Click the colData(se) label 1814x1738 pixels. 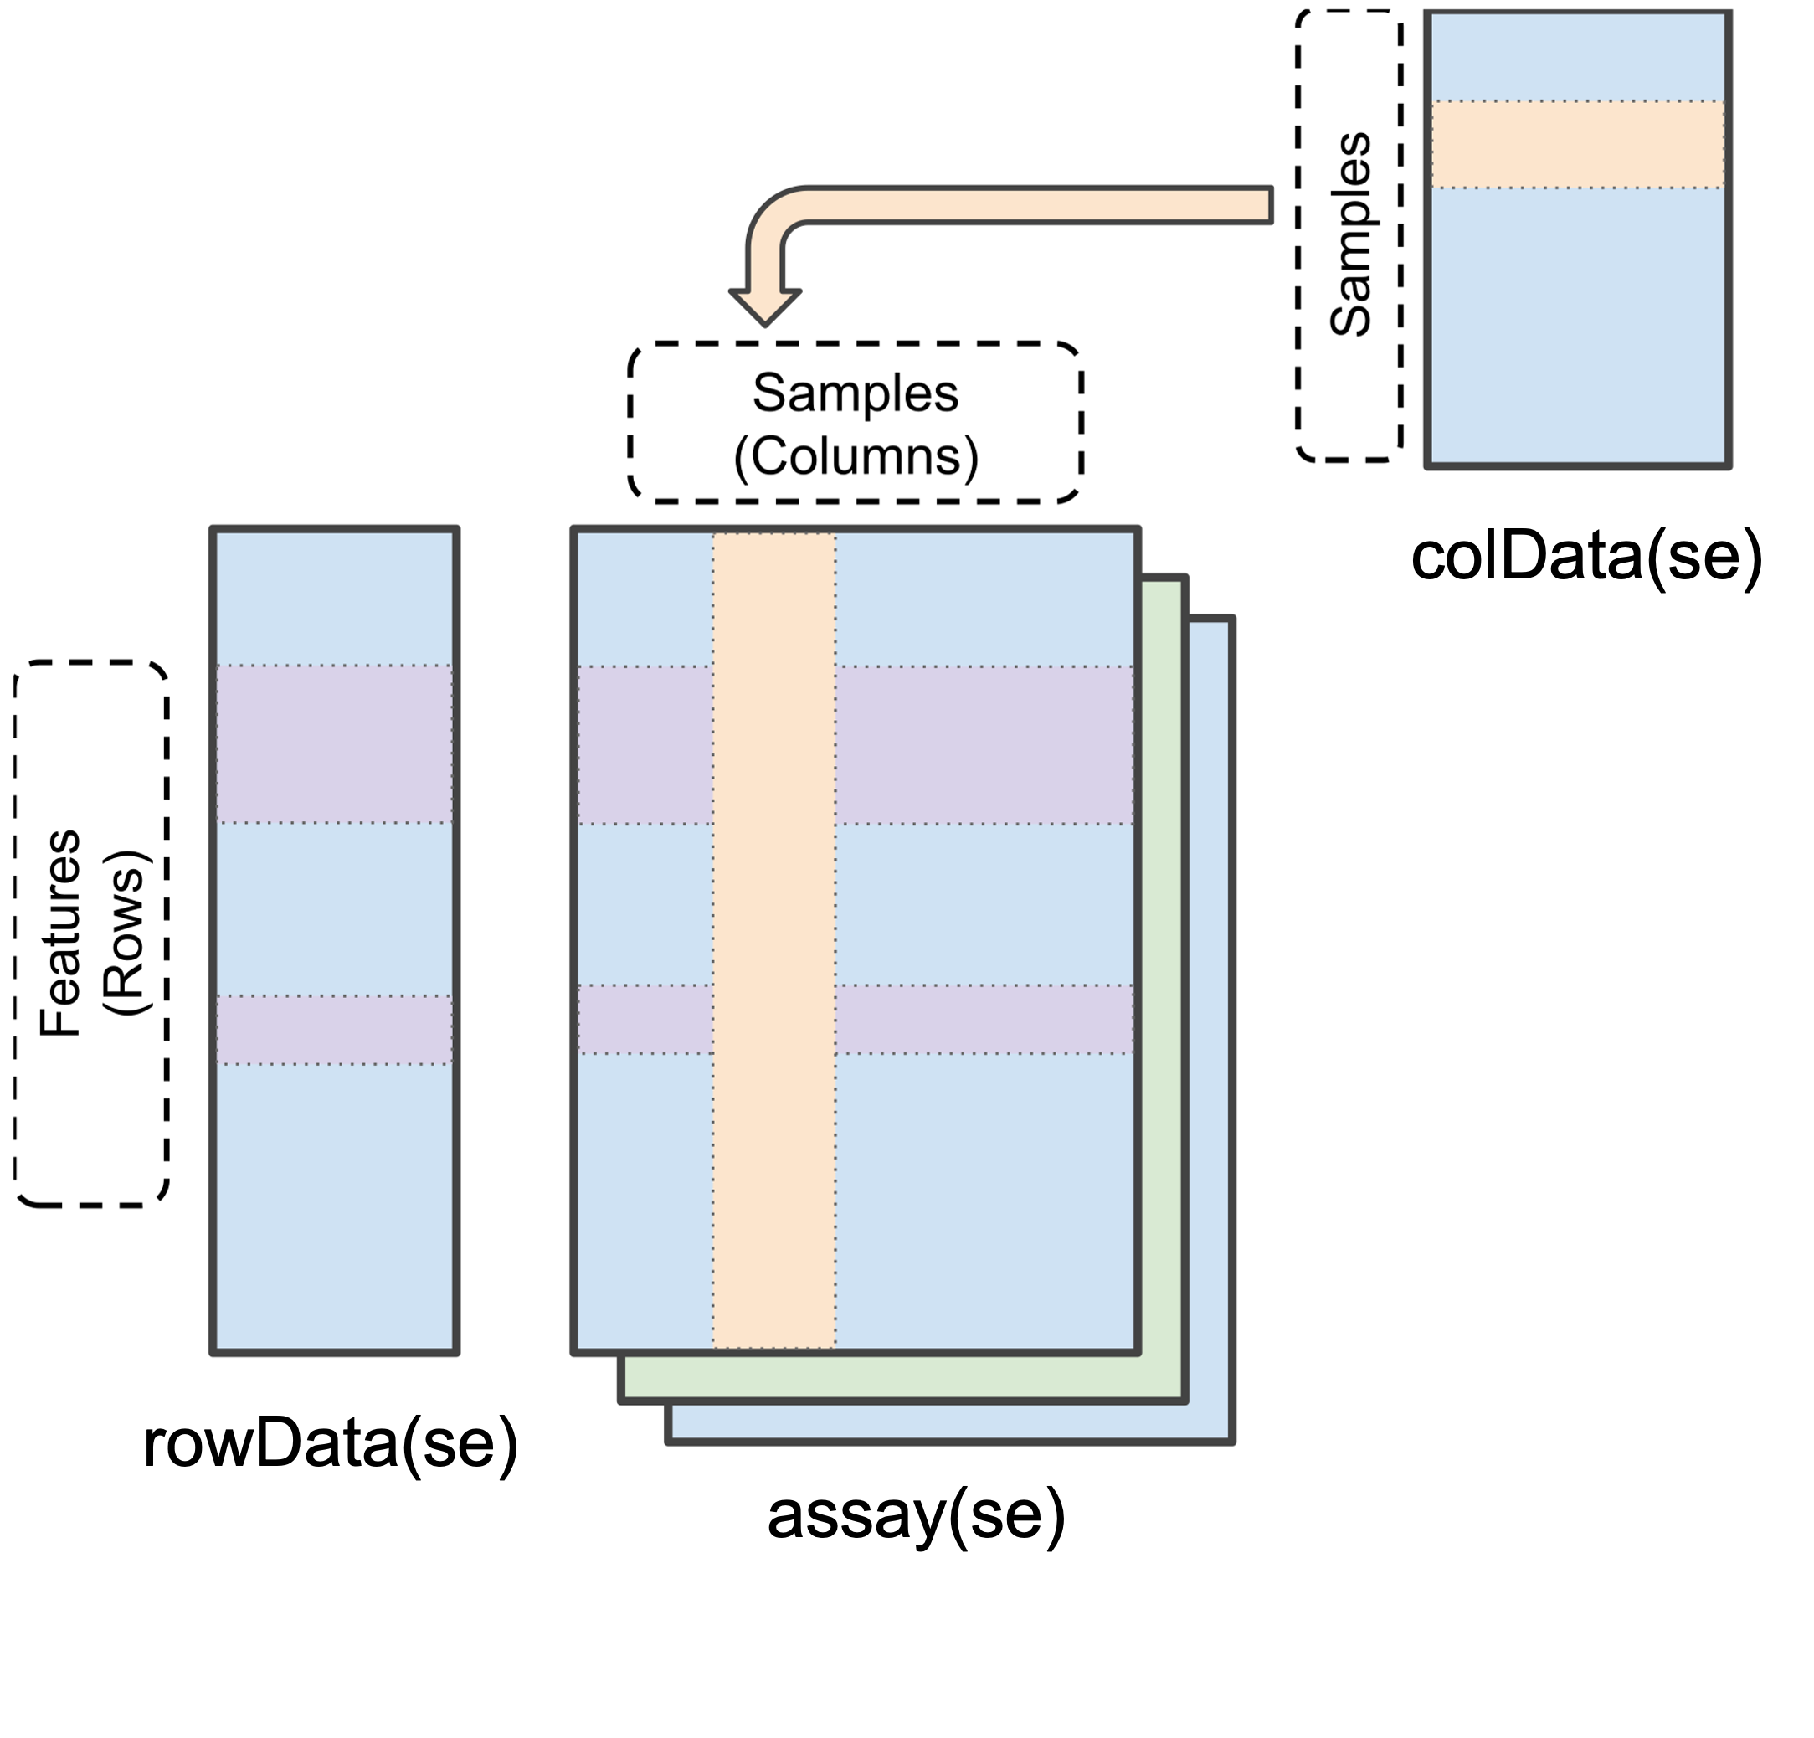tap(1586, 558)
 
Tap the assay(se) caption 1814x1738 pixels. tap(917, 1515)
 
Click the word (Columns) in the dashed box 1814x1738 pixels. tap(856, 456)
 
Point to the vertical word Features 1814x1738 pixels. tap(61, 933)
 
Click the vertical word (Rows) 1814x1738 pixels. tap(125, 933)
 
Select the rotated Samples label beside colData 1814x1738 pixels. tap(1349, 234)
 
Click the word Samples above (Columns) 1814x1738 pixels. tap(856, 393)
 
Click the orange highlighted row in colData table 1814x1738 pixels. tap(1578, 144)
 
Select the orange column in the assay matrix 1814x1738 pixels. tap(774, 939)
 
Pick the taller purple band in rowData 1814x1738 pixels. tap(335, 743)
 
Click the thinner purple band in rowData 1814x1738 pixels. tap(335, 1030)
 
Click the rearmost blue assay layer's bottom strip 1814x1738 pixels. tap(950, 1422)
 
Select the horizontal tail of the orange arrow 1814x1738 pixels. tap(1036, 204)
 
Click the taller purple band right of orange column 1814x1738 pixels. tap(984, 745)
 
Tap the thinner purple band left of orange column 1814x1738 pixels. tap(645, 1019)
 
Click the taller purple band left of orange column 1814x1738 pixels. tap(645, 745)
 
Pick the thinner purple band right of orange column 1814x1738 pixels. tap(984, 1019)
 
